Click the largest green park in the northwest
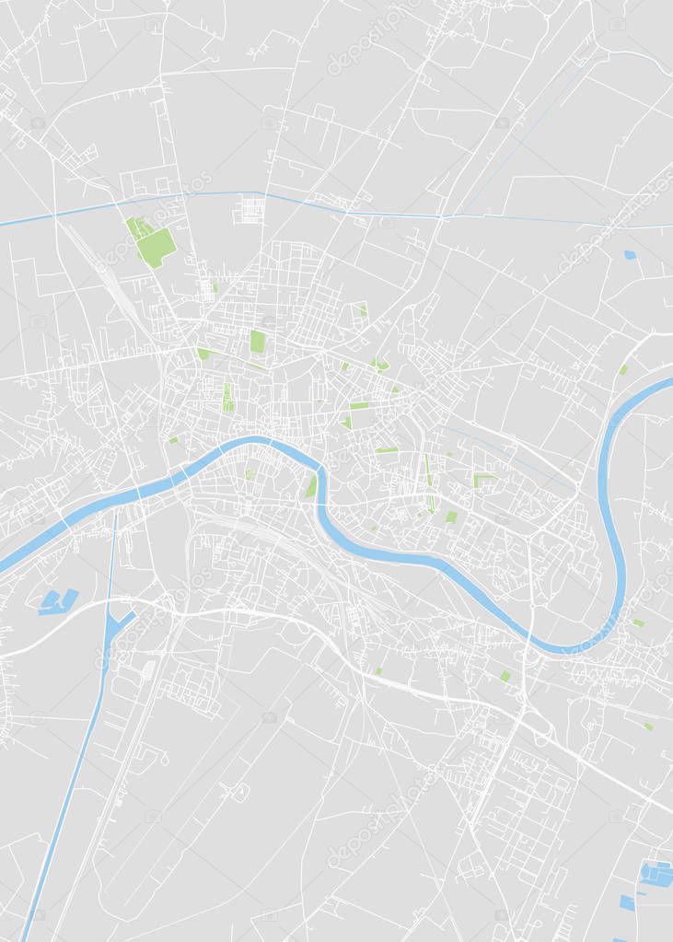[155, 245]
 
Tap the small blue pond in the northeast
[630, 254]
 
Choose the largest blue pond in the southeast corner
[657, 873]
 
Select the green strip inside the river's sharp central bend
[312, 484]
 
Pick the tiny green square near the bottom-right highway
[648, 726]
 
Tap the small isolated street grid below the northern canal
[249, 209]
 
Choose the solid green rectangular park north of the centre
[258, 341]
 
